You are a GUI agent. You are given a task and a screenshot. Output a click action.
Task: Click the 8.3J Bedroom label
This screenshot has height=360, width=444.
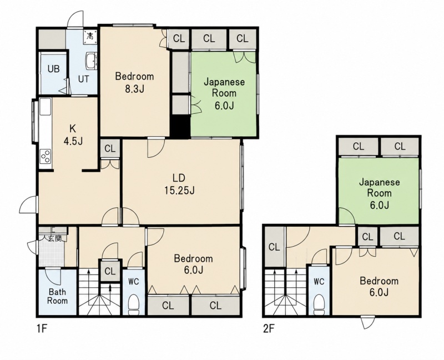point(134,82)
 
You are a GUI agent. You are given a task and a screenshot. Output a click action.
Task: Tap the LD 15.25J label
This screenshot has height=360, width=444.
point(179,184)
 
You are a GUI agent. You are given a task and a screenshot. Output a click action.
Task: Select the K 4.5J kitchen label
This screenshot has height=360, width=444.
point(73,134)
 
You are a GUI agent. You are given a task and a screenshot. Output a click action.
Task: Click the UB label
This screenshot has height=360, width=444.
point(53,68)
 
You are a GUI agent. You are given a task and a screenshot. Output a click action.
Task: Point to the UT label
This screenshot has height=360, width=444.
point(84,79)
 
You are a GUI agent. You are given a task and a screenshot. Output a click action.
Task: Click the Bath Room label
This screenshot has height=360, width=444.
point(58,296)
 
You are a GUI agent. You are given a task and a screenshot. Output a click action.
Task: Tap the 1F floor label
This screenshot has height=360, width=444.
point(41,329)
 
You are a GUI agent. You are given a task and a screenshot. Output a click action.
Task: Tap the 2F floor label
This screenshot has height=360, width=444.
point(269,329)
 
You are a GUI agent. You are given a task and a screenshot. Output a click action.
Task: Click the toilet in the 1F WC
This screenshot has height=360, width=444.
point(133,304)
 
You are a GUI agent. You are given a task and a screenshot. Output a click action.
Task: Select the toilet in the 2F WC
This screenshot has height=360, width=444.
point(319,304)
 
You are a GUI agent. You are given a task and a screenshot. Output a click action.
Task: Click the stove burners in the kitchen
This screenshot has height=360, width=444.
point(46,156)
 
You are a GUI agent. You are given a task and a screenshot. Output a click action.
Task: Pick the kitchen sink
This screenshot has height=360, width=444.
point(46,106)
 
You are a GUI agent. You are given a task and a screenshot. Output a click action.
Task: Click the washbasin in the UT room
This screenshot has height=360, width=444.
point(91,61)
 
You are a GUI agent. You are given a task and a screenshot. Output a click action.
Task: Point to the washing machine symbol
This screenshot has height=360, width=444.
point(90,36)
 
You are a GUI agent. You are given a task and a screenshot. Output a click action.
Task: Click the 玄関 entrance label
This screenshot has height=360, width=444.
point(54,238)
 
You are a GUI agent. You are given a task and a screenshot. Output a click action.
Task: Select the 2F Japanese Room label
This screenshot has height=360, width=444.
point(379,193)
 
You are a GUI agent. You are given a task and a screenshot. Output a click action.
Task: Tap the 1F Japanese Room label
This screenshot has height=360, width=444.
point(224,93)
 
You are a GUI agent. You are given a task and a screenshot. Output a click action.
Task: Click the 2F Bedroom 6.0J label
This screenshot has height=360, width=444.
point(379,286)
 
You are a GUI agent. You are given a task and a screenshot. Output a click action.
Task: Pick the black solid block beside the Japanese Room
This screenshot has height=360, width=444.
point(180,127)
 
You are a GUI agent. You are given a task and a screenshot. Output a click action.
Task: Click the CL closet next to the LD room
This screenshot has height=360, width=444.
point(110,148)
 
